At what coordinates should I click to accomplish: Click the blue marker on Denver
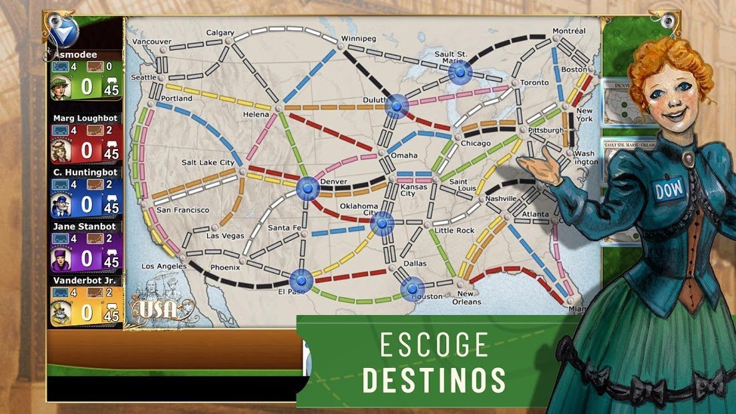(x=309, y=188)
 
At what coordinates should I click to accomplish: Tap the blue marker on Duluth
(x=397, y=106)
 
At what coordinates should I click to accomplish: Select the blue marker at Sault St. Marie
(x=459, y=72)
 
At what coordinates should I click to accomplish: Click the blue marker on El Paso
(x=301, y=280)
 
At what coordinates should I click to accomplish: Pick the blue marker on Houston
(x=412, y=288)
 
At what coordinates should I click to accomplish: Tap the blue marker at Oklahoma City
(x=382, y=224)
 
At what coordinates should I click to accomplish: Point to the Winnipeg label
(x=359, y=38)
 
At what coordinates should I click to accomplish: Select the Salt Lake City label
(x=208, y=162)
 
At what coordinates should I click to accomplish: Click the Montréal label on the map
(x=569, y=31)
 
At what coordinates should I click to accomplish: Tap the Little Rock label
(x=454, y=230)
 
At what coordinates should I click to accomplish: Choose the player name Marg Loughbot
(x=85, y=118)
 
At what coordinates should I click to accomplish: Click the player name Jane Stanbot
(x=85, y=226)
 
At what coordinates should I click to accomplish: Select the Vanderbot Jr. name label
(x=85, y=281)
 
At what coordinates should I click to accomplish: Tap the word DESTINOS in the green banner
(x=434, y=379)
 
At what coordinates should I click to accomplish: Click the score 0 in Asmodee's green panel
(x=87, y=87)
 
